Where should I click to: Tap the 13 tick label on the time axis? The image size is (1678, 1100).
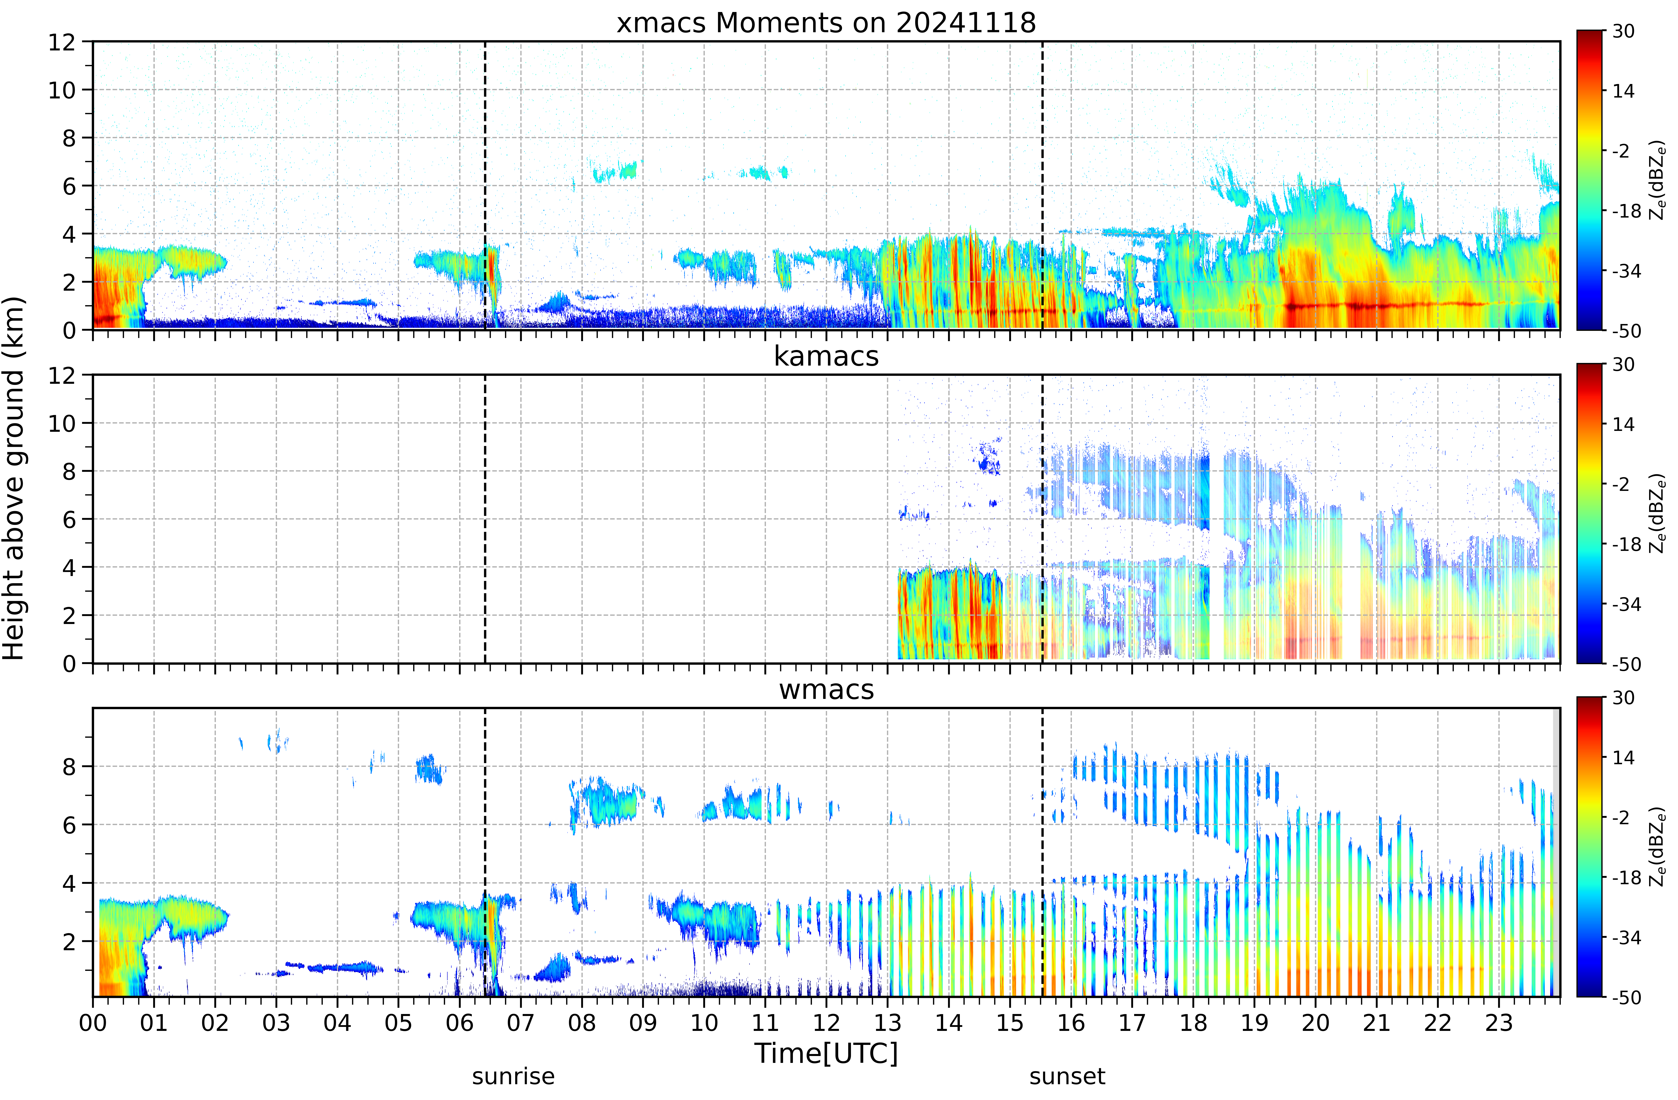click(888, 1022)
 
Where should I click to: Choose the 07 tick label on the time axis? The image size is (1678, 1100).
click(521, 1022)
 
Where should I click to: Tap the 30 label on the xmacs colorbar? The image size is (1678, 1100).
click(1623, 31)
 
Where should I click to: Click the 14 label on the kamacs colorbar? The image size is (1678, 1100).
click(1623, 424)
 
